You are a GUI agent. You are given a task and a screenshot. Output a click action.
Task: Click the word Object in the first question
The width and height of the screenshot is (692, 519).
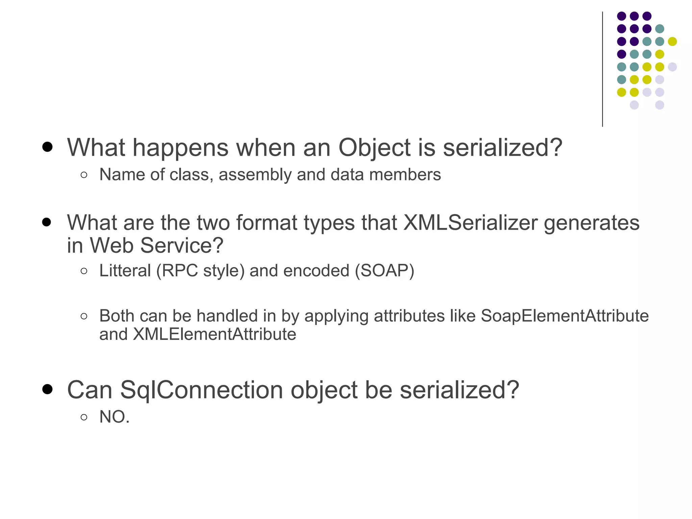coord(374,148)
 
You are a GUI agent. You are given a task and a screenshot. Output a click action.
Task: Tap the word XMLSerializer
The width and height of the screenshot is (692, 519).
coord(470,223)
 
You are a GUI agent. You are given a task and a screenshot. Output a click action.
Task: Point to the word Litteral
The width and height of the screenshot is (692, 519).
coord(125,271)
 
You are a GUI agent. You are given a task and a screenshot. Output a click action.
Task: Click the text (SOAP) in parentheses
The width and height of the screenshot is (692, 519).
coord(385,271)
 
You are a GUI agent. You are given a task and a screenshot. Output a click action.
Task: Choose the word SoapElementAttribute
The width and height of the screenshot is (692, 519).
coord(565,316)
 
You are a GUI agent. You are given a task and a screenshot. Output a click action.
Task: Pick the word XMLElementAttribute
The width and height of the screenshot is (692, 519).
coord(215,334)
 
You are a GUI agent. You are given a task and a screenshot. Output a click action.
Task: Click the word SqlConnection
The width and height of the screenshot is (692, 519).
coord(201,390)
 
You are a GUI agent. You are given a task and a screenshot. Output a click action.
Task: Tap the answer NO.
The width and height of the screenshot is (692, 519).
coord(114,417)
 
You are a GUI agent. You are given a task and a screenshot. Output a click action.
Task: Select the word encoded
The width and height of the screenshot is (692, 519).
coord(316,271)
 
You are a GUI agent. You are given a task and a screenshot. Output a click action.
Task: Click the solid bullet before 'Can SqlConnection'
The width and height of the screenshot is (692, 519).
coord(47,389)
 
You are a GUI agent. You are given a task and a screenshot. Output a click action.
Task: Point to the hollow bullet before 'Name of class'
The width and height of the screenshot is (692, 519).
coord(84,175)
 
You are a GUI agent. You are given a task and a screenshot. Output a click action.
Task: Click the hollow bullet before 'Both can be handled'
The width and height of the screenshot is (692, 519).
coord(84,316)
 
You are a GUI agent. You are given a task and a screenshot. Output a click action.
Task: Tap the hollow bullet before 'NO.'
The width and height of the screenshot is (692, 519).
coord(84,417)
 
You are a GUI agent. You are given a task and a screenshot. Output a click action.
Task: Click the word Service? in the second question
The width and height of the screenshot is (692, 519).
coord(181,245)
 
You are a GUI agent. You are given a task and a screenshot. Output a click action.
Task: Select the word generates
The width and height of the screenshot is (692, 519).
coord(592,223)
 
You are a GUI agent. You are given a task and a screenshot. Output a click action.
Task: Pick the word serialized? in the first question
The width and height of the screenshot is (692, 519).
coord(502,148)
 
